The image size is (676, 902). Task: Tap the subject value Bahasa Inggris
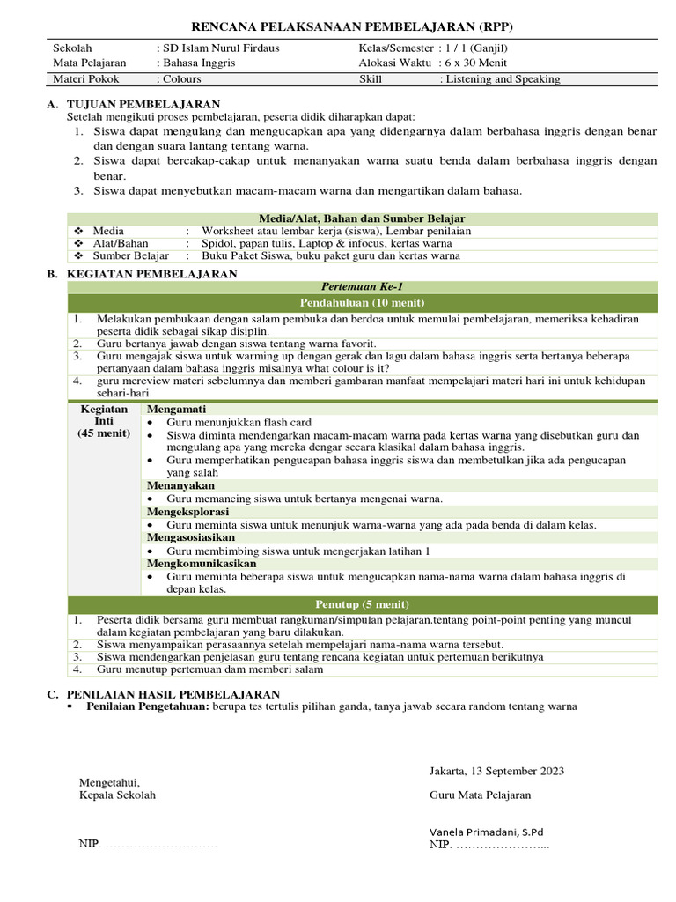pos(198,63)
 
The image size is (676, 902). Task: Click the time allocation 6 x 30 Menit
pos(476,63)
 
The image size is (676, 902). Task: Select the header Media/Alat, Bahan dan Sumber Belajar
pos(362,218)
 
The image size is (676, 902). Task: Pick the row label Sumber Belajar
pos(130,256)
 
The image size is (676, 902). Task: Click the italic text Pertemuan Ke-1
pos(362,287)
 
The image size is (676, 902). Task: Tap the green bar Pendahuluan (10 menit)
pos(362,303)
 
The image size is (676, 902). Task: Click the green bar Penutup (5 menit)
pos(362,604)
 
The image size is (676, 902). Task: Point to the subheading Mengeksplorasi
pos(187,511)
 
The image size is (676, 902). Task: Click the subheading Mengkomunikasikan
pos(202,563)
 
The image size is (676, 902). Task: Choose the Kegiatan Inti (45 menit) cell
pos(105,421)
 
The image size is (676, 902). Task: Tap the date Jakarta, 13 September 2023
pos(496,771)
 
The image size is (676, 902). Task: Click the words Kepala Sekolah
pos(117,795)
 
